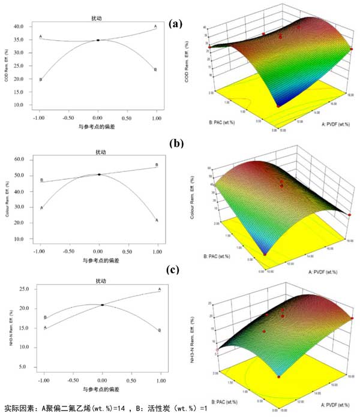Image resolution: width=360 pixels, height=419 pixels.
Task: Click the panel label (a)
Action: (175, 24)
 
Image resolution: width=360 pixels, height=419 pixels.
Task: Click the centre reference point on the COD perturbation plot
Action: (98, 40)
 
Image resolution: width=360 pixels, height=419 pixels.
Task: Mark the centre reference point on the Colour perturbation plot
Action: (99, 174)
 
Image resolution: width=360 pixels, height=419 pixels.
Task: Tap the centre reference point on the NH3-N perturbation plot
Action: (103, 305)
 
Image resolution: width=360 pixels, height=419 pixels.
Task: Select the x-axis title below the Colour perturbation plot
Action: (99, 260)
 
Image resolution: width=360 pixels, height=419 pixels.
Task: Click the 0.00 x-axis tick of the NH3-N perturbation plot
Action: (103, 381)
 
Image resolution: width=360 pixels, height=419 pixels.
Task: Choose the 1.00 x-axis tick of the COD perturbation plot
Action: (155, 119)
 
